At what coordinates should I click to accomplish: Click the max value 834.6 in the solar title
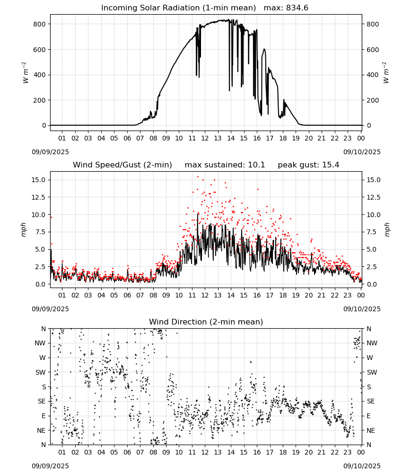click(297, 8)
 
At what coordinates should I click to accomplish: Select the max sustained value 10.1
click(256, 165)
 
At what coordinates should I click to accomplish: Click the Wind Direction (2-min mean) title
click(206, 322)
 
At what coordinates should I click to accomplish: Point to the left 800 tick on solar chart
click(40, 24)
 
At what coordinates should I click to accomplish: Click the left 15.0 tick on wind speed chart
click(39, 180)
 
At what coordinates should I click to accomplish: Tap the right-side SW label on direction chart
click(372, 372)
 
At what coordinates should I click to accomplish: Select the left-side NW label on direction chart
click(40, 343)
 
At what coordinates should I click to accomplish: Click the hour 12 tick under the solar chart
click(205, 139)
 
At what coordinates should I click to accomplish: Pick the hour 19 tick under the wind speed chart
click(296, 295)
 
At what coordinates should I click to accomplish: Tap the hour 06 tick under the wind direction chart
click(127, 453)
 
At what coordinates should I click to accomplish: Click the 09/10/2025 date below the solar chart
click(362, 152)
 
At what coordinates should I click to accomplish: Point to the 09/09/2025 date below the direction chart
click(50, 466)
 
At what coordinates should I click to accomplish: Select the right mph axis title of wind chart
click(387, 229)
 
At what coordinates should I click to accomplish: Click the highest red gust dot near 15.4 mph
click(198, 177)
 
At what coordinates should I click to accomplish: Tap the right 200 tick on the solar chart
click(373, 100)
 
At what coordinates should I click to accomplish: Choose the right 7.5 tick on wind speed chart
click(372, 232)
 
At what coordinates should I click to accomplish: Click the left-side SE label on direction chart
click(42, 401)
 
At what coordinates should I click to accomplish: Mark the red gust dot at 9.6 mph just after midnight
click(51, 217)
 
